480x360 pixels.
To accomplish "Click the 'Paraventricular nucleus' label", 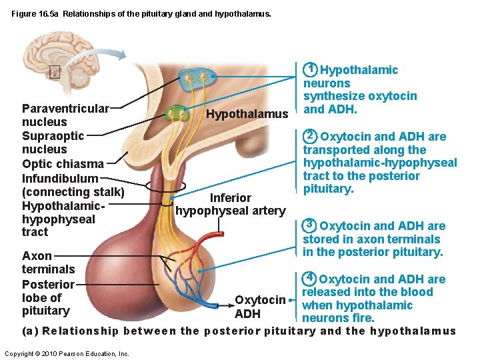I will click(65, 115).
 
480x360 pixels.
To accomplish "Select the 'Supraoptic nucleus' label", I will click(53, 142).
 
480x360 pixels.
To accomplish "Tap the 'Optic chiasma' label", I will click(63, 163).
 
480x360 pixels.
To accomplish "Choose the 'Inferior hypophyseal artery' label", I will click(230, 205).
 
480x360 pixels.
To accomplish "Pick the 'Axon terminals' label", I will click(48, 262).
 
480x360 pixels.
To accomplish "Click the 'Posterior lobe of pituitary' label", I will click(48, 297).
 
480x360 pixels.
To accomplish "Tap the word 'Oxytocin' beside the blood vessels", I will click(260, 300).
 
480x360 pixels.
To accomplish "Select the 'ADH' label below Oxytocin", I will click(247, 314).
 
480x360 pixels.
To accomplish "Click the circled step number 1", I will click(311, 69).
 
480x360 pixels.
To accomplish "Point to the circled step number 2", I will click(310, 136).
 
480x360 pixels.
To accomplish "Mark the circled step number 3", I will click(309, 225).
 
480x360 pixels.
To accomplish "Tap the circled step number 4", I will click(309, 278).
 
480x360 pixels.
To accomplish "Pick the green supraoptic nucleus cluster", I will click(178, 112).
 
